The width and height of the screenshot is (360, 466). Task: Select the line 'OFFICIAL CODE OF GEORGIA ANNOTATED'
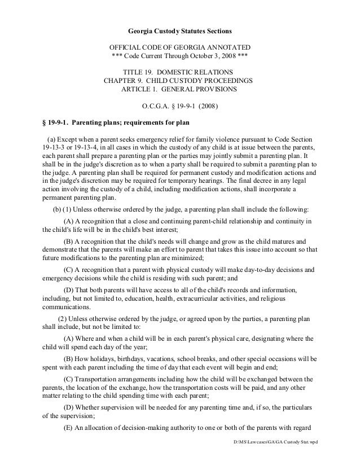180,46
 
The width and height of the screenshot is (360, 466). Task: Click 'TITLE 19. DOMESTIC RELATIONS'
180,73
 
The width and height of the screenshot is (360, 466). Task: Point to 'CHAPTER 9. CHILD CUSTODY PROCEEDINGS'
180,82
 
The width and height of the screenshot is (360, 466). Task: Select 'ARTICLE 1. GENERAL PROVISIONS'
180,91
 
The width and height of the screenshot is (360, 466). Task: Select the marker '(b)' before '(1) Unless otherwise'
57,209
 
